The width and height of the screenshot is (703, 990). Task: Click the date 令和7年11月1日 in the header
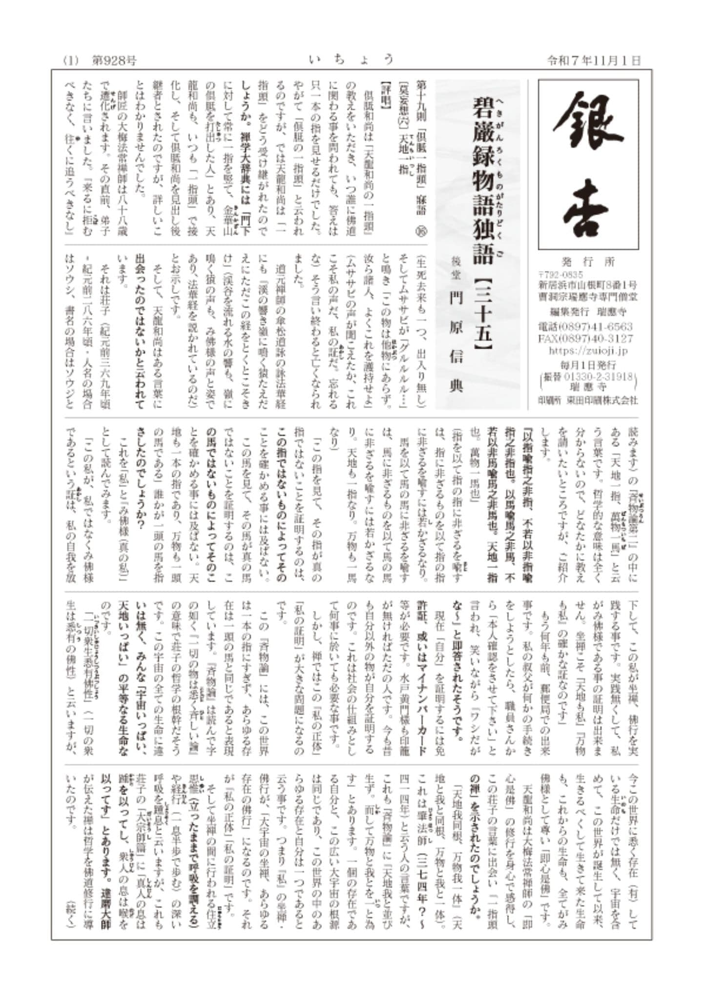coord(593,61)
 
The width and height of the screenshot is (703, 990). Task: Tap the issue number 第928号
coord(115,61)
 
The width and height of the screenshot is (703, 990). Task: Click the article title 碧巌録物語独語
coord(483,181)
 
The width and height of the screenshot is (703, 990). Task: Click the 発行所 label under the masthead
coord(588,262)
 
